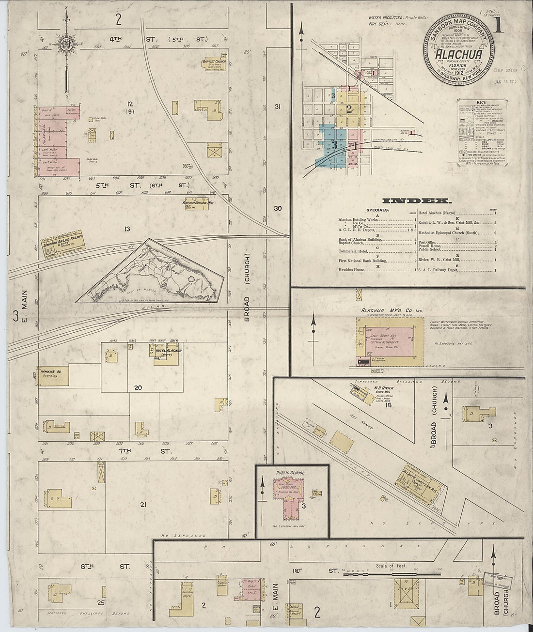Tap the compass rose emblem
[65, 45]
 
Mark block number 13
[128, 229]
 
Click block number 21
[143, 505]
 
